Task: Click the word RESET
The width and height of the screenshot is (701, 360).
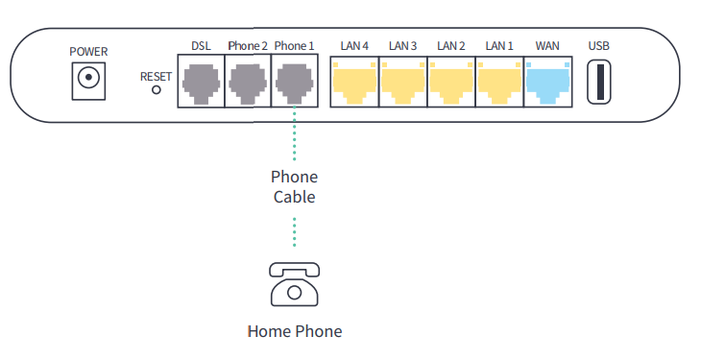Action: pyautogui.click(x=157, y=75)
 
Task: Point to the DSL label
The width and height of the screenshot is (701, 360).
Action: pyautogui.click(x=201, y=46)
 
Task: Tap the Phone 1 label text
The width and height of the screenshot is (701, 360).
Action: pyautogui.click(x=294, y=46)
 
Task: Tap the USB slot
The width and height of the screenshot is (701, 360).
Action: pyautogui.click(x=599, y=82)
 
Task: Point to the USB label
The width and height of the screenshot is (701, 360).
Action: pyautogui.click(x=599, y=46)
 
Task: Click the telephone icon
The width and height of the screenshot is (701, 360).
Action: pyautogui.click(x=294, y=285)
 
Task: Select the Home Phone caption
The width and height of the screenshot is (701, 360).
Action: pyautogui.click(x=294, y=332)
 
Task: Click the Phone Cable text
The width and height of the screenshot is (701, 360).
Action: pyautogui.click(x=294, y=187)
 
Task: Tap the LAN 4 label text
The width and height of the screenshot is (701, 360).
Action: pyautogui.click(x=354, y=46)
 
